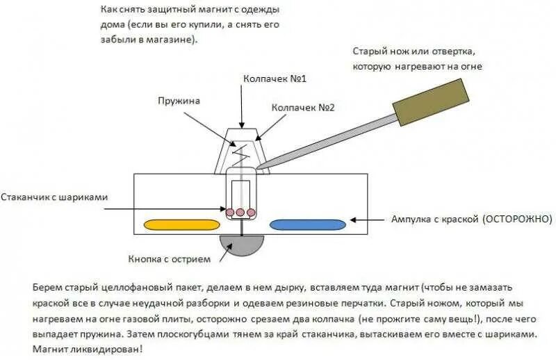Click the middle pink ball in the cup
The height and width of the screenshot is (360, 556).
241,211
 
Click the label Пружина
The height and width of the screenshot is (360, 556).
178,101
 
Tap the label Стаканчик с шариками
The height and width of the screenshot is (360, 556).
54,197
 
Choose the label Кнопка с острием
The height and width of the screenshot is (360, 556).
168,259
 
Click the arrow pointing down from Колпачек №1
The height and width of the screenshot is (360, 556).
242,108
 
